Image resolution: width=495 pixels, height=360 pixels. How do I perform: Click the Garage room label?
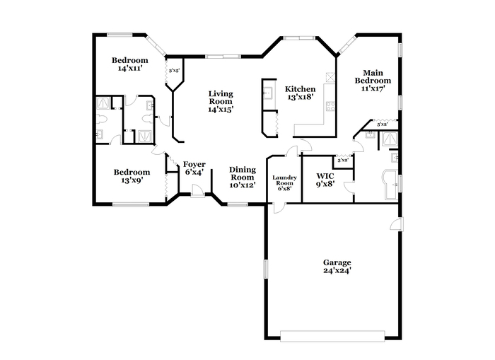[337, 262]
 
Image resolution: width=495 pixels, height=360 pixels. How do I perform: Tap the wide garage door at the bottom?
[332, 336]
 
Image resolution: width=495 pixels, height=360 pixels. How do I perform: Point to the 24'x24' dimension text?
[337, 271]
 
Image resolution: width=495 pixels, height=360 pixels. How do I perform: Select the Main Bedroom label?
[373, 76]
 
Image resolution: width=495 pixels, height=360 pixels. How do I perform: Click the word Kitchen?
[300, 89]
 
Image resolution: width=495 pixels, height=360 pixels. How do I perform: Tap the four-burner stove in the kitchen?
[330, 106]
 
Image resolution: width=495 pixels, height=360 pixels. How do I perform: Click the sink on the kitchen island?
[268, 93]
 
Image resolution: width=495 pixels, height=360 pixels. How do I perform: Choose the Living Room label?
[221, 98]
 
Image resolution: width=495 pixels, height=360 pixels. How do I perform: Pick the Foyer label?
[194, 164]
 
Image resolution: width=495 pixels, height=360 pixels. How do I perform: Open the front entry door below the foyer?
[198, 192]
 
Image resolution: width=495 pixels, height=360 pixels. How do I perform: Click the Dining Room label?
[243, 173]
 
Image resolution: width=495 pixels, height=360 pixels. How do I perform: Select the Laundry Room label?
[284, 180]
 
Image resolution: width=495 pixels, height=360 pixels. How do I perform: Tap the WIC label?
[325, 175]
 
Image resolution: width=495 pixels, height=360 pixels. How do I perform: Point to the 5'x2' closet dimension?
[383, 124]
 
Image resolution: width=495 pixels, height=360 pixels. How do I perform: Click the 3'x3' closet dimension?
[174, 71]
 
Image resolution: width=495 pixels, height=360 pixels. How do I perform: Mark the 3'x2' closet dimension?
[343, 161]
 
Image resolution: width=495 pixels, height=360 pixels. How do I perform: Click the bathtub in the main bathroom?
[390, 185]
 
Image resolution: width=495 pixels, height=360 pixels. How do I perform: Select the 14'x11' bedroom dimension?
[129, 68]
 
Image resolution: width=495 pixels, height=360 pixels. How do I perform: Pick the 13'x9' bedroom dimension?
[132, 180]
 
